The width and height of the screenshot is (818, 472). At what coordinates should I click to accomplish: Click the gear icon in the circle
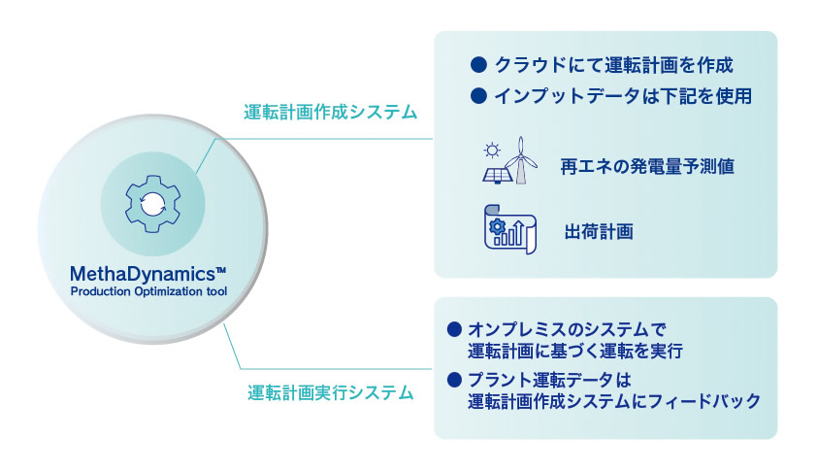(x=153, y=204)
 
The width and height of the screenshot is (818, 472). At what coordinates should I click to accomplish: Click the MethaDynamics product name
(x=142, y=274)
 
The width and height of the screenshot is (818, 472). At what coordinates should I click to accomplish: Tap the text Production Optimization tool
(x=148, y=291)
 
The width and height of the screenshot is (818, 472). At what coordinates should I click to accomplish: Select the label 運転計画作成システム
(x=330, y=112)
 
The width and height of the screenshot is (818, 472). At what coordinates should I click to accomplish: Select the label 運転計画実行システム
(x=330, y=392)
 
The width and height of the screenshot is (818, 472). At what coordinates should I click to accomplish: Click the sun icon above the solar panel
(x=491, y=151)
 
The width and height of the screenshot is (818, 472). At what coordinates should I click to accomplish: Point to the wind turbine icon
(x=521, y=160)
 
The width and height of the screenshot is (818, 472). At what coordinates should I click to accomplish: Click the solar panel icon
(x=496, y=175)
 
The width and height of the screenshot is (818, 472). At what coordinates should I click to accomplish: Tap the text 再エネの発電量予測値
(x=647, y=166)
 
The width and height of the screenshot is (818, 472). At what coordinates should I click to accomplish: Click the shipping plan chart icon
(x=510, y=229)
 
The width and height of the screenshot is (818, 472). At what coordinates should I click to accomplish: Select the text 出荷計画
(x=599, y=231)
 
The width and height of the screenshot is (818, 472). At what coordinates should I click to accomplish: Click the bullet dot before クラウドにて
(x=478, y=65)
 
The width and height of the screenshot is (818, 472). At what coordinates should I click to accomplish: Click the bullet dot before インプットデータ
(x=478, y=95)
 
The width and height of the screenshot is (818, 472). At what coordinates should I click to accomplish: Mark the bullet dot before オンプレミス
(x=454, y=329)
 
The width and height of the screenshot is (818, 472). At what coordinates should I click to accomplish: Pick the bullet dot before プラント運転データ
(x=454, y=380)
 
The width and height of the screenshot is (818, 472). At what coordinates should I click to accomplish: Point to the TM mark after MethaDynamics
(x=220, y=269)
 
